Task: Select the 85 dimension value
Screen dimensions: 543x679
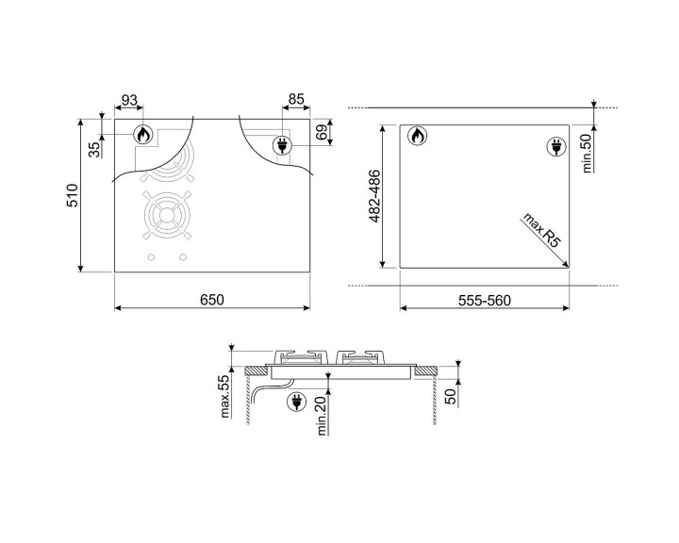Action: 296,98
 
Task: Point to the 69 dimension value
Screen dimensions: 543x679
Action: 321,132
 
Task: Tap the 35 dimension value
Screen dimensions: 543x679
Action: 94,149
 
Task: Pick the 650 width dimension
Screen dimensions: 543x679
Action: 211,300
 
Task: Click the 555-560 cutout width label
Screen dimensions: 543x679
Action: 484,300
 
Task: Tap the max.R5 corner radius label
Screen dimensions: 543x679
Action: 541,231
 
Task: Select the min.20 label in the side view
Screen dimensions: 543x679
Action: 322,415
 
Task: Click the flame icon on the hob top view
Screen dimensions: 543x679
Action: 142,136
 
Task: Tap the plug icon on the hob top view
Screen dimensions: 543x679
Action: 281,145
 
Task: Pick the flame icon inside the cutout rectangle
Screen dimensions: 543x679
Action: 417,138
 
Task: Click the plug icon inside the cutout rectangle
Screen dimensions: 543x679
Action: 555,146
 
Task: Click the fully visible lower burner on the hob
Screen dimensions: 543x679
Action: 167,215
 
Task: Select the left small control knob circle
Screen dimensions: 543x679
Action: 151,257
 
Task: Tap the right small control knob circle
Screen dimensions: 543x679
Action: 183,257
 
